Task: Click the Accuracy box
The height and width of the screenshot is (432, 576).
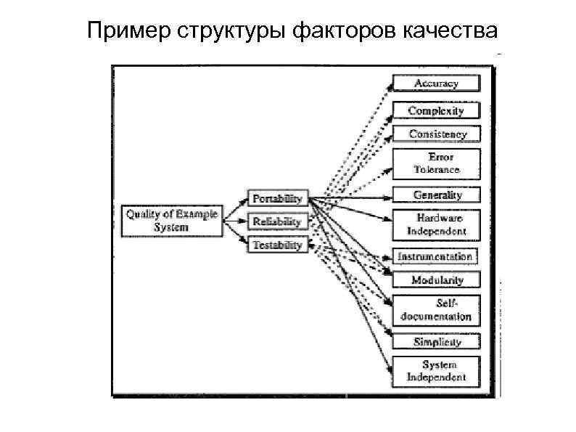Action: [x=436, y=83]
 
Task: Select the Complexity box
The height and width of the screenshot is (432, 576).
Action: [x=436, y=110]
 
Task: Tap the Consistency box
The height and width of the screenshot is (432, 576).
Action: [x=436, y=134]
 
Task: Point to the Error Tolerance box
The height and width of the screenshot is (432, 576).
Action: [x=436, y=163]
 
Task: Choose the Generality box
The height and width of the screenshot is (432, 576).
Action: [x=436, y=195]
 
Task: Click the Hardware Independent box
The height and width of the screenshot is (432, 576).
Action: [x=436, y=224]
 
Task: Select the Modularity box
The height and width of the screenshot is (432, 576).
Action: [x=436, y=280]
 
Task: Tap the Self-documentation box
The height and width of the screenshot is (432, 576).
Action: [x=436, y=310]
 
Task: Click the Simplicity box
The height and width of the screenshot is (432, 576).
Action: [x=436, y=341]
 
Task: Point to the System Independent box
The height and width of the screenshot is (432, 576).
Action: [x=436, y=370]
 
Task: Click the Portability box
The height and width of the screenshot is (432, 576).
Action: [x=277, y=198]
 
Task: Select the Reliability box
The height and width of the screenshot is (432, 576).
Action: [x=277, y=221]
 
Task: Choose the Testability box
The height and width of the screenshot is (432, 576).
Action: [x=277, y=245]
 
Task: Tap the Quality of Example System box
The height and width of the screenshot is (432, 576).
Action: [x=171, y=221]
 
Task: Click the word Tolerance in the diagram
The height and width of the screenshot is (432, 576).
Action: [x=437, y=170]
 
